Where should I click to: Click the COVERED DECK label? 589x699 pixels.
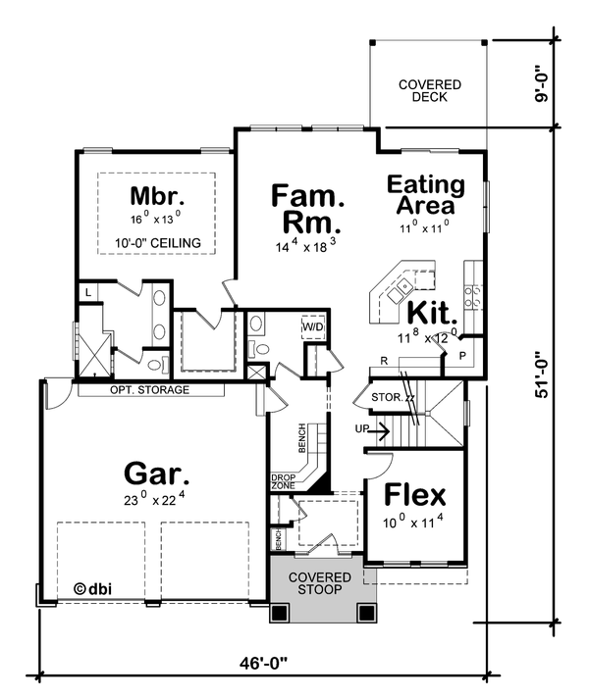tap(423, 91)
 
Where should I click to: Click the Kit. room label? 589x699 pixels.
tap(433, 316)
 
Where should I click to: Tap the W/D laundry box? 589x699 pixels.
tap(312, 326)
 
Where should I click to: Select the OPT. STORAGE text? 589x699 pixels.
tap(149, 389)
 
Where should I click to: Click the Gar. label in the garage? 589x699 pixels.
tap(156, 475)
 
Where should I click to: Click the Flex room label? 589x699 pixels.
tap(414, 494)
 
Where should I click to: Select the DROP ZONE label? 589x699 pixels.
tap(283, 481)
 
